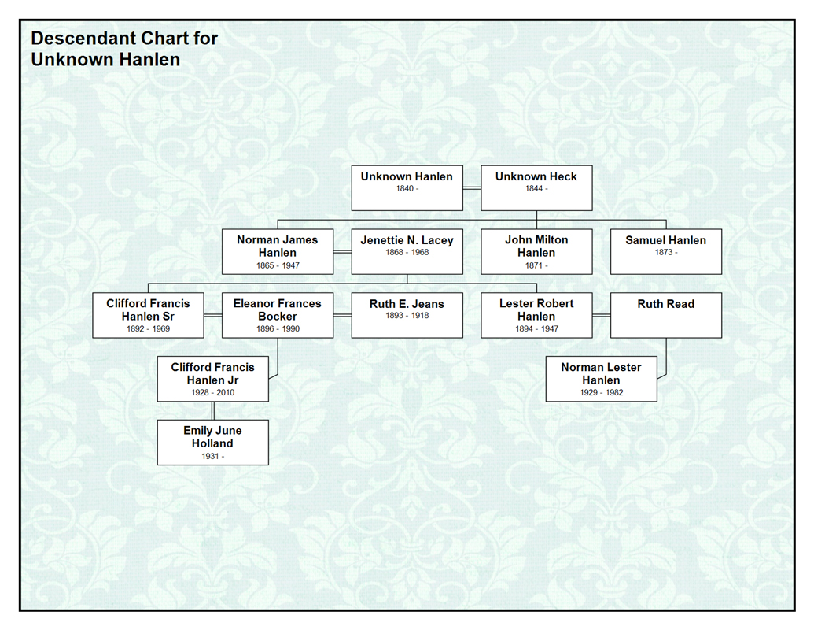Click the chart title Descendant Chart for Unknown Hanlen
(124, 48)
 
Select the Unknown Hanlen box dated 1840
(407, 187)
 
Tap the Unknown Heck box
(536, 187)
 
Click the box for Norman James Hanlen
(278, 251)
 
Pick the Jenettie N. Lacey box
(407, 251)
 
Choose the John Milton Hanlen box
(536, 251)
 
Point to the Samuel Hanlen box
(665, 251)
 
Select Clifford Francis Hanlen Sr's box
(148, 315)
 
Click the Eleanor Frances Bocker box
(278, 315)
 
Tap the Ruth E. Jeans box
(407, 315)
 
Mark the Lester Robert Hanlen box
(536, 315)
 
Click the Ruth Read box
(665, 315)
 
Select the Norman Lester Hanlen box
(601, 379)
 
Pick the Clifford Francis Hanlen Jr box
(212, 379)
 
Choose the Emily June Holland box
(212, 442)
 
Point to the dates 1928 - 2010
(212, 392)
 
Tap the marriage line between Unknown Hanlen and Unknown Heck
(472, 188)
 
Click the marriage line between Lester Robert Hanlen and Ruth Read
(601, 315)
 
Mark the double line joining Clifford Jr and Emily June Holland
(212, 410)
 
